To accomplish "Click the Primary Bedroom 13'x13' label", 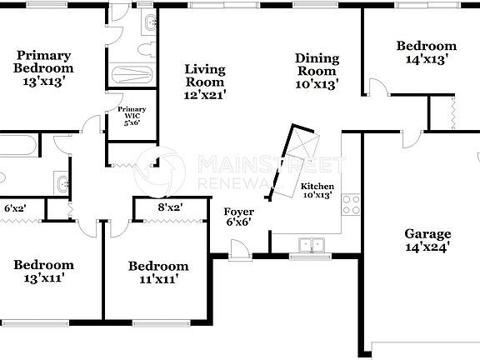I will click(x=43, y=69).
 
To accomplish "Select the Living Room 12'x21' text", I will click(x=204, y=82).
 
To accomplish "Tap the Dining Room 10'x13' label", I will click(x=317, y=70).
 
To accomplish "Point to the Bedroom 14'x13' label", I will click(x=426, y=52).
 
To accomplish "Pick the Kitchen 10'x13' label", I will click(x=317, y=191).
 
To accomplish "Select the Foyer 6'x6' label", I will click(x=239, y=217).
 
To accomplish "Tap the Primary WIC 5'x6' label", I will click(x=132, y=115).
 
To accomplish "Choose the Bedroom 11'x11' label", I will click(x=157, y=272).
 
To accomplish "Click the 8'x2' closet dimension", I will click(x=170, y=207).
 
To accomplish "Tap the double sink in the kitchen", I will click(x=312, y=245).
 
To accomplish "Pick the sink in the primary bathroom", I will click(x=147, y=26).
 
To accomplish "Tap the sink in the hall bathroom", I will click(x=61, y=181).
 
